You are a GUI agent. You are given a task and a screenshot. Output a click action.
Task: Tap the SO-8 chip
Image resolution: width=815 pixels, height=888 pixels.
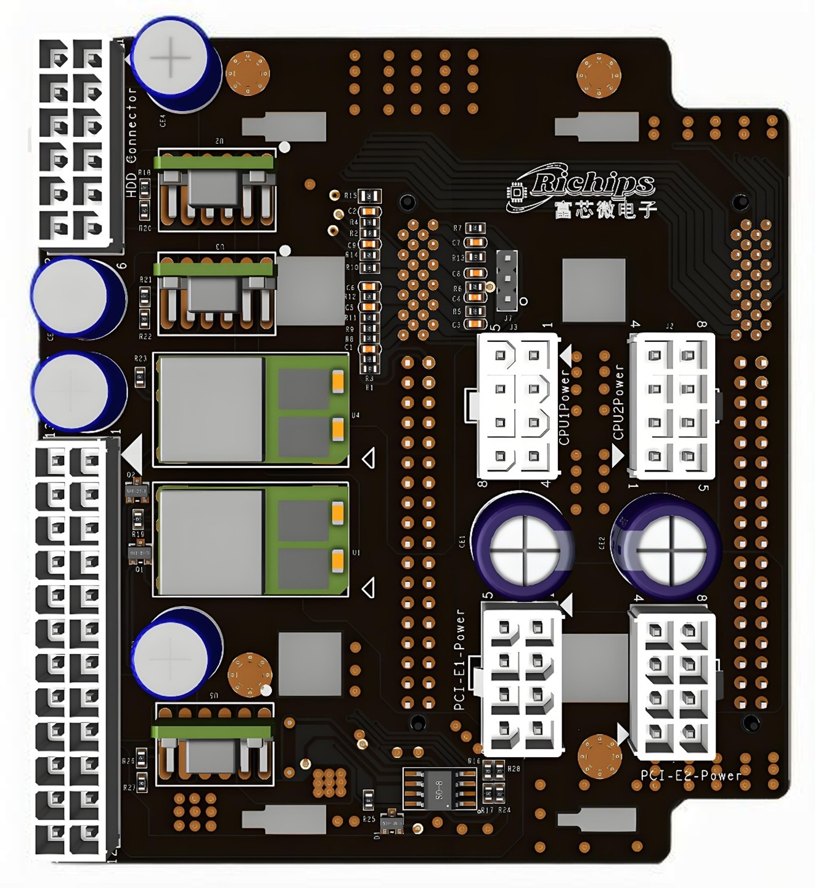click(440, 788)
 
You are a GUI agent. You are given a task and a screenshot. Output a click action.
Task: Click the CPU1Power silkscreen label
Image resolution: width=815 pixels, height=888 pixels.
click(564, 407)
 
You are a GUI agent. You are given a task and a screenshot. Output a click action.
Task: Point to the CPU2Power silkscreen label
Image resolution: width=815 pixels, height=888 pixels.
click(618, 402)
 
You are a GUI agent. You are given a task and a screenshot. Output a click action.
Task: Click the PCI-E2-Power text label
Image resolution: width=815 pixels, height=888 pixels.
click(690, 775)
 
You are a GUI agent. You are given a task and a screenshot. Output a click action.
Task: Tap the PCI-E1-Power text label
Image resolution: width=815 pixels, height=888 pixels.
click(459, 659)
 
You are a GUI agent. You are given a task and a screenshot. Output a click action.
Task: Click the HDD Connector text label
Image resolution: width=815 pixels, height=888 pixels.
click(131, 142)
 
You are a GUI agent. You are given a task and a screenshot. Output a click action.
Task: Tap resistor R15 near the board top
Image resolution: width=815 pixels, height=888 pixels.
click(370, 196)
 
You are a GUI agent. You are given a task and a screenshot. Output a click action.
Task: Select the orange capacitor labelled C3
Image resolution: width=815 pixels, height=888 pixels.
click(474, 324)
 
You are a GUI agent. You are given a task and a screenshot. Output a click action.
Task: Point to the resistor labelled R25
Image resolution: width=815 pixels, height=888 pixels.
click(368, 800)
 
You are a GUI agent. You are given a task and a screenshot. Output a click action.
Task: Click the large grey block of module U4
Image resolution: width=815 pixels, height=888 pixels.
click(211, 409)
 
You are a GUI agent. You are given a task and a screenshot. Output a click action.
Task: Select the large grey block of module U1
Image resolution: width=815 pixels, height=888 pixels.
click(211, 539)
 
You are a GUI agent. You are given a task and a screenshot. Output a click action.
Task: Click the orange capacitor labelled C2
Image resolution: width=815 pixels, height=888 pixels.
click(369, 211)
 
